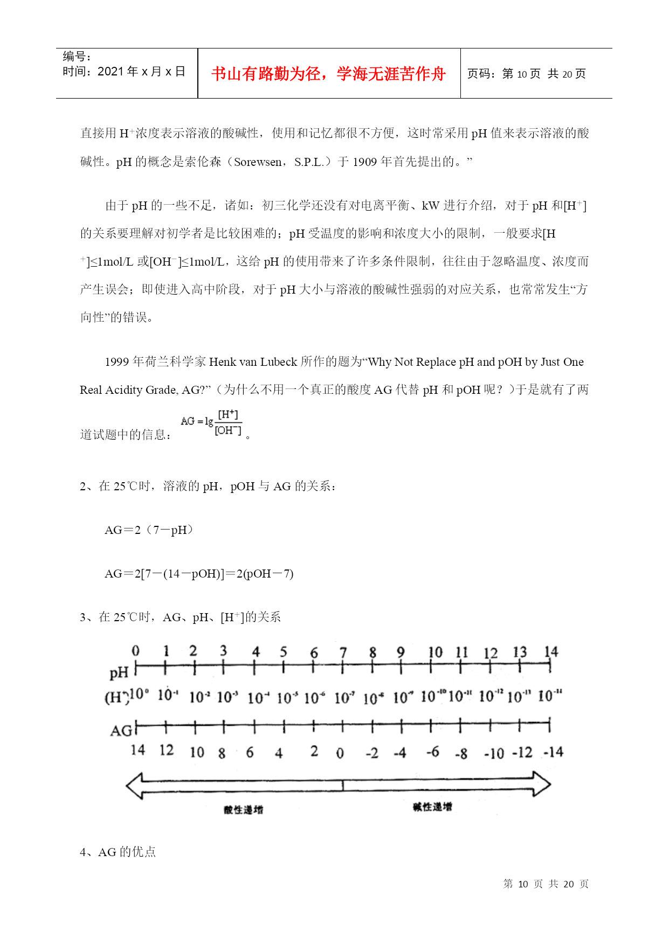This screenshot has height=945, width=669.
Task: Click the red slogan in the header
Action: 328,74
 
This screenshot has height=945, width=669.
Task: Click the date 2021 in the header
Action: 111,72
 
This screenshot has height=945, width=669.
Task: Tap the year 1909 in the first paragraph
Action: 364,162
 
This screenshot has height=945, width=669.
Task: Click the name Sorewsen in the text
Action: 258,162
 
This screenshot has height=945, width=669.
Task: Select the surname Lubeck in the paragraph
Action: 279,362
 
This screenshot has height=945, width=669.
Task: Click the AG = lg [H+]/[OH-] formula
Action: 211,422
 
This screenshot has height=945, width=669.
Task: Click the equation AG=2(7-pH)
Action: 149,530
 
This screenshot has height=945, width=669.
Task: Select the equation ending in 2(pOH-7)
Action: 199,574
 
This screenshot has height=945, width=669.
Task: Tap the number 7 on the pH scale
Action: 343,652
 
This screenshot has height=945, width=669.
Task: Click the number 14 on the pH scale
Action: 550,652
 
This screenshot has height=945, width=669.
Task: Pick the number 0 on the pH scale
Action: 135,651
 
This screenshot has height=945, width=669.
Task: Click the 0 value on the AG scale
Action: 340,753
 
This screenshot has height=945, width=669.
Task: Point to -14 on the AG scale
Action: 553,752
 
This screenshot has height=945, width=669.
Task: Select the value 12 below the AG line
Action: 167,750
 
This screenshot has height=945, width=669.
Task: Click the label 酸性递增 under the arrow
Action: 243,810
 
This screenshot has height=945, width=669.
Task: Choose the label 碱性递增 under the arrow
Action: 432,807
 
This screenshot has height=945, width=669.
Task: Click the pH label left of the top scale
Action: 119,672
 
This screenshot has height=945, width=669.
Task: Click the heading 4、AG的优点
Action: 118,852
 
